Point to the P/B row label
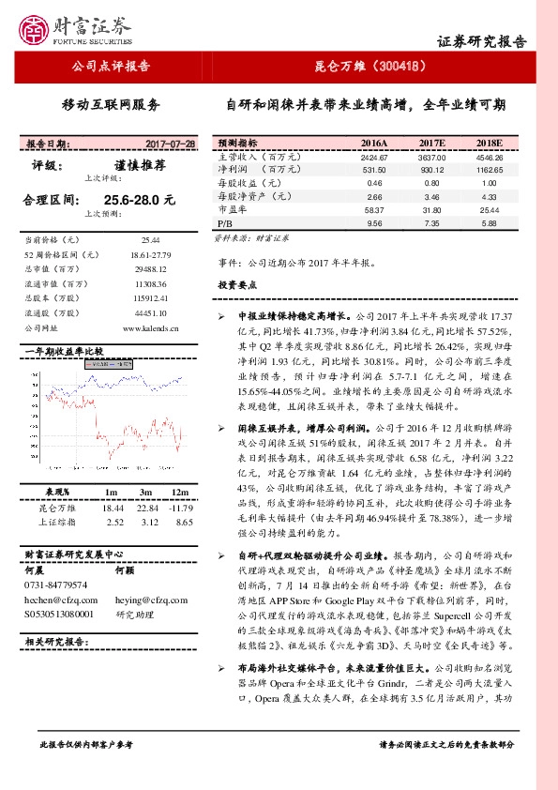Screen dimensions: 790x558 pos(224,225)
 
